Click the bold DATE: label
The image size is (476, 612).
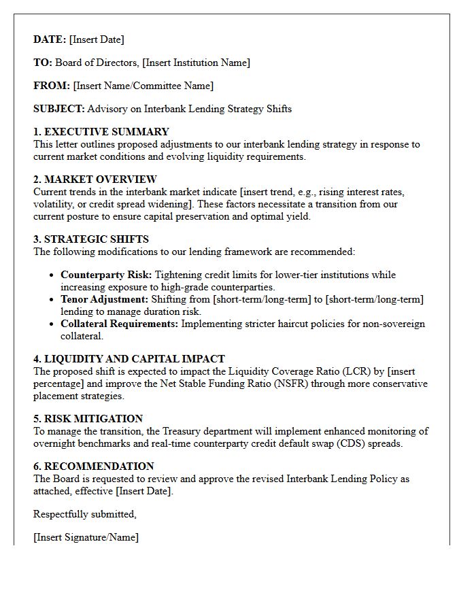pos(50,39)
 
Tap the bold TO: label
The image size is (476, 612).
pos(43,63)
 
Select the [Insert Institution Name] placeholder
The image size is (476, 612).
pos(196,63)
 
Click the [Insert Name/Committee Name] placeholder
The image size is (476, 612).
pos(143,86)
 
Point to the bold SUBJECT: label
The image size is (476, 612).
pos(59,109)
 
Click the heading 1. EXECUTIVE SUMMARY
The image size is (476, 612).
pos(101,132)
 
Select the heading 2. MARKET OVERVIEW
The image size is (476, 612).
pos(95,180)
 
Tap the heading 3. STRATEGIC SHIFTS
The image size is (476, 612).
pos(91,239)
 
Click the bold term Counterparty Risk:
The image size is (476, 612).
pos(107,275)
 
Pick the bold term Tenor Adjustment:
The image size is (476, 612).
pos(104,300)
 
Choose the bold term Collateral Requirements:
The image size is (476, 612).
pos(120,324)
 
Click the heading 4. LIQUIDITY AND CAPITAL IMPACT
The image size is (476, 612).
pos(129,359)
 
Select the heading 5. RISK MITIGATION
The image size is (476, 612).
pos(88,419)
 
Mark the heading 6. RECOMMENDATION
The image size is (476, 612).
pos(94,466)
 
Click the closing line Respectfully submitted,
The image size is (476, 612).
pos(85,514)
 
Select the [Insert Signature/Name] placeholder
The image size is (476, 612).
pos(86,537)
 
